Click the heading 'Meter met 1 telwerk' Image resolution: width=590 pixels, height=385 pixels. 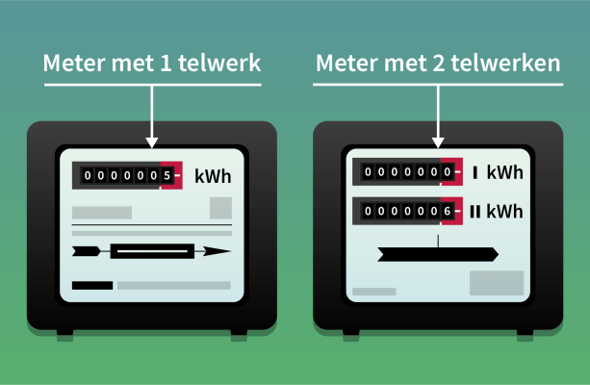tap(152, 64)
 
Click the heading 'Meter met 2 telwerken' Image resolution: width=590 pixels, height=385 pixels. tap(438, 64)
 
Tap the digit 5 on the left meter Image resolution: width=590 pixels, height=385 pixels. tap(166, 176)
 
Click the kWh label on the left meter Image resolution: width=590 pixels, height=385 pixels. tap(213, 176)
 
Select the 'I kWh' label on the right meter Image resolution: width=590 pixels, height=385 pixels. tap(498, 173)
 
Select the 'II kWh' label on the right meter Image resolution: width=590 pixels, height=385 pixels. tap(497, 211)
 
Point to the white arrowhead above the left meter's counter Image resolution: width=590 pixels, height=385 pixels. tap(152, 140)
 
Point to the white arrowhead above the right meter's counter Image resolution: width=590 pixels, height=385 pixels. tap(439, 140)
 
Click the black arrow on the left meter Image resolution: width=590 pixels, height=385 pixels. tap(151, 251)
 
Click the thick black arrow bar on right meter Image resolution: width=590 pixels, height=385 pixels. tap(438, 253)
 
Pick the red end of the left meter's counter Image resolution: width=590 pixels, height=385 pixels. tap(172, 176)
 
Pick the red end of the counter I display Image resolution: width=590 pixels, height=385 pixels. tap(452, 173)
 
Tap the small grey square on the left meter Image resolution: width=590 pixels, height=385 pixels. tap(220, 208)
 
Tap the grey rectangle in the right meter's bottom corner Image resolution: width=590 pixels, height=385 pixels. tap(496, 283)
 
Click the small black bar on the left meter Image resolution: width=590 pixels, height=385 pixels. tap(92, 285)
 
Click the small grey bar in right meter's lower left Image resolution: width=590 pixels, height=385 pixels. tap(373, 291)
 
